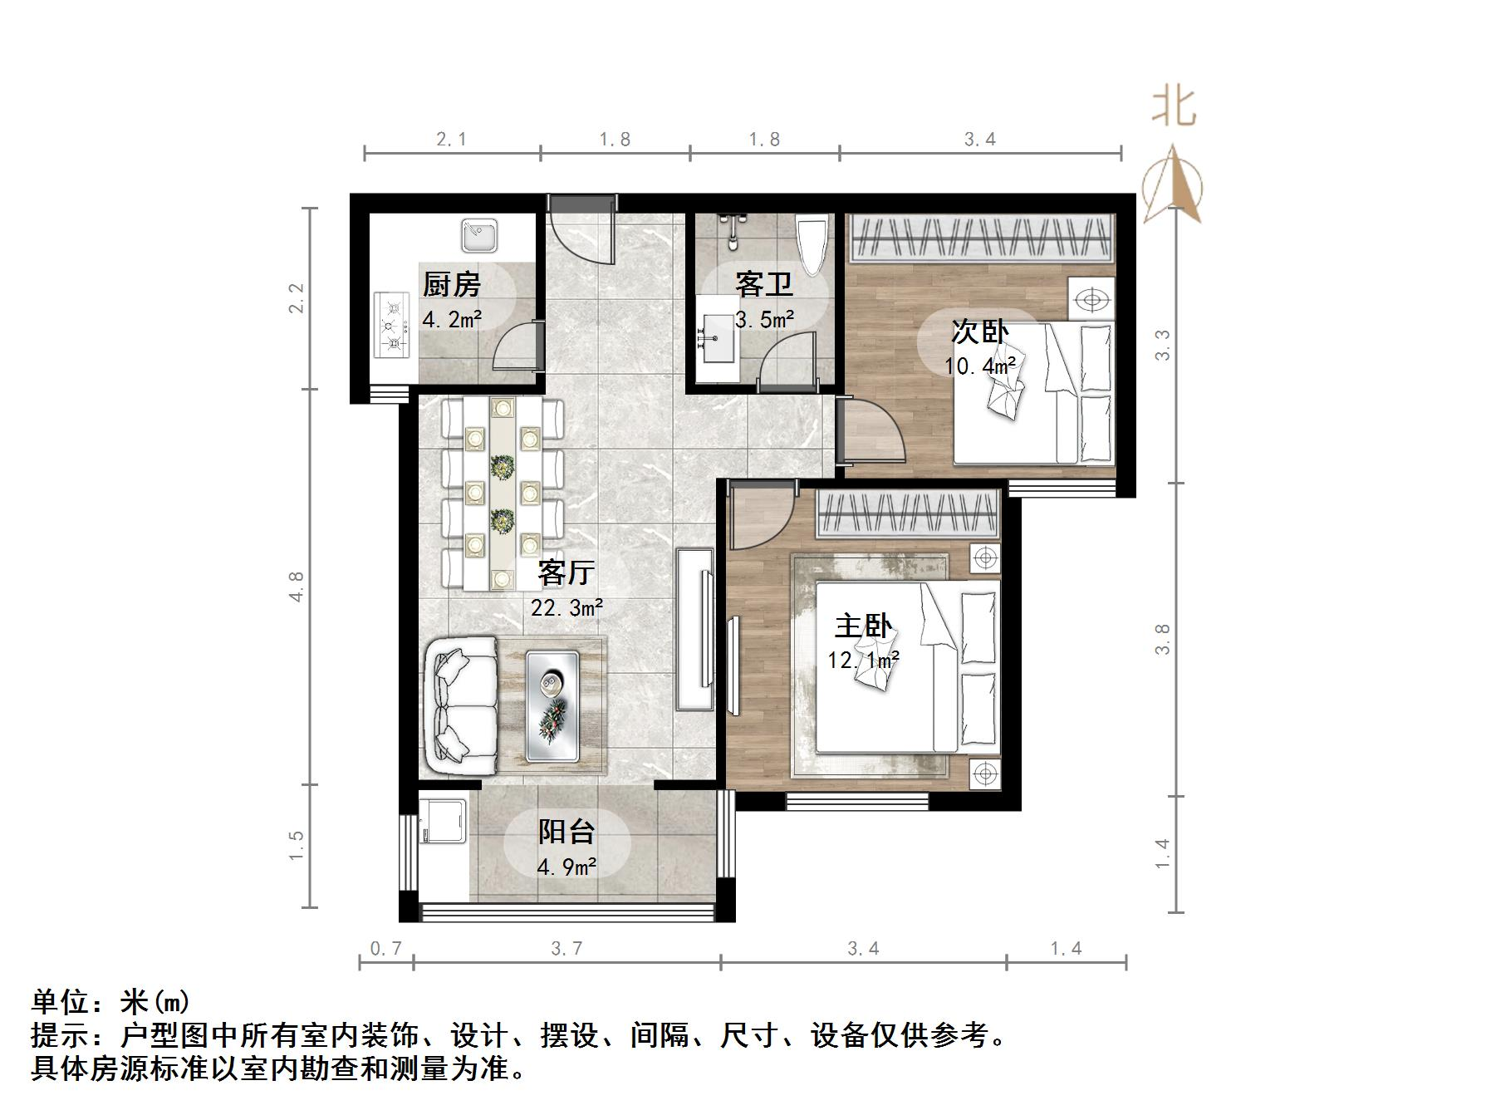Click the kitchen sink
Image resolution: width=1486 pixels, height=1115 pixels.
(479, 235)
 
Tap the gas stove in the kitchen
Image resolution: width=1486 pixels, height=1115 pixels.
(393, 325)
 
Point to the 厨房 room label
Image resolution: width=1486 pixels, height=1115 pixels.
(451, 285)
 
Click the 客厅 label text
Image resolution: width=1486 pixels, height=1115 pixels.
(566, 573)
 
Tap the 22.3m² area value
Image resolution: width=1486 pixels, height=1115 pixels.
(567, 608)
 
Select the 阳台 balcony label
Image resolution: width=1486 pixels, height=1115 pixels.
(566, 832)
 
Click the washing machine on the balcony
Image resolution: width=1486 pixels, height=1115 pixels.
(444, 821)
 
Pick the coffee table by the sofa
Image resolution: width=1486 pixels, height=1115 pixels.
(552, 705)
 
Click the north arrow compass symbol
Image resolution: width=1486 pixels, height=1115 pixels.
(1172, 186)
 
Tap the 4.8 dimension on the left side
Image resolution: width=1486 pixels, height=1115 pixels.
(297, 587)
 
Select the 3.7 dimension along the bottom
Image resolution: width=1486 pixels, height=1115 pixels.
(566, 948)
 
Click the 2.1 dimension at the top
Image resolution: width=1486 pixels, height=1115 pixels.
(451, 140)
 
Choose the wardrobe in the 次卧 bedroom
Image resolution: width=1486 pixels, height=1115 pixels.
(981, 238)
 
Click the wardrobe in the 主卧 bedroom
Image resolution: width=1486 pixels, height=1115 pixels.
(908, 513)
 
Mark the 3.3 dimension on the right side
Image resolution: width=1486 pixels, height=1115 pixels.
(1162, 345)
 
